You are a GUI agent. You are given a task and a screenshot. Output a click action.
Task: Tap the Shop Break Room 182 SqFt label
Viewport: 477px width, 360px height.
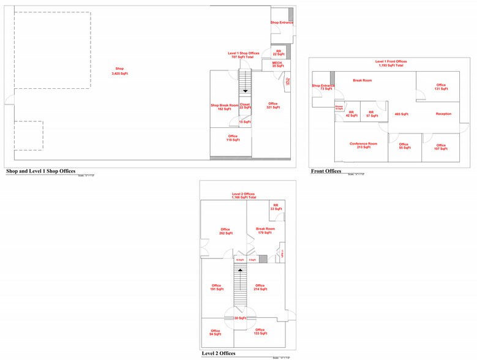(224, 107)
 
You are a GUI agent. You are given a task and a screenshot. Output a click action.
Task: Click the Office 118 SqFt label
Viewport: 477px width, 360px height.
(233, 138)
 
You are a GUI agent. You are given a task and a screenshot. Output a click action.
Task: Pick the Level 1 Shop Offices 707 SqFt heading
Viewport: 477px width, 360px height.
(244, 55)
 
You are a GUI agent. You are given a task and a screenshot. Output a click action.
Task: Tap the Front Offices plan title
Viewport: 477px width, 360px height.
(326, 171)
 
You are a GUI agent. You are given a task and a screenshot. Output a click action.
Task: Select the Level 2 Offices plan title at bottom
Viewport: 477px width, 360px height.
(219, 353)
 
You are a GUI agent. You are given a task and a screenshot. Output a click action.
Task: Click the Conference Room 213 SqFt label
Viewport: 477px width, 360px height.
(363, 146)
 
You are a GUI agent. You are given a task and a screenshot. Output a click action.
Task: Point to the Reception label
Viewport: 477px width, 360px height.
(443, 114)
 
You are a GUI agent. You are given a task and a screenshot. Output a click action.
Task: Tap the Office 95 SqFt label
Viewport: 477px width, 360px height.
(404, 146)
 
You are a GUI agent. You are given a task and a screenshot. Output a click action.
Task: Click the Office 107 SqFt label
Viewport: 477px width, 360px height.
(441, 147)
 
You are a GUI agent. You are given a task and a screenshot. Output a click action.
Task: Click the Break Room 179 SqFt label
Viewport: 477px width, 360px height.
(265, 230)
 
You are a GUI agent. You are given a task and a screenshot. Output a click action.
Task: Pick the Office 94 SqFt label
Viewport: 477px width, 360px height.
(216, 332)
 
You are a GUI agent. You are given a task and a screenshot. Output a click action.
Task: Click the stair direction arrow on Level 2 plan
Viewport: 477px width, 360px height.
(241, 269)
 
